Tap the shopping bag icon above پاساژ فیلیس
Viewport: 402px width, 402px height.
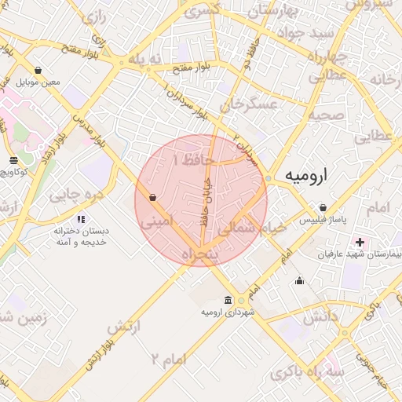point(323,207)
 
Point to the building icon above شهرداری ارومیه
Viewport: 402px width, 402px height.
point(228,300)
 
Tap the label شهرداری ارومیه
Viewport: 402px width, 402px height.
point(228,312)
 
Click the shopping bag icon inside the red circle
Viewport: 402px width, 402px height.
point(152,197)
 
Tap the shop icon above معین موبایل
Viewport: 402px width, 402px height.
point(38,70)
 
